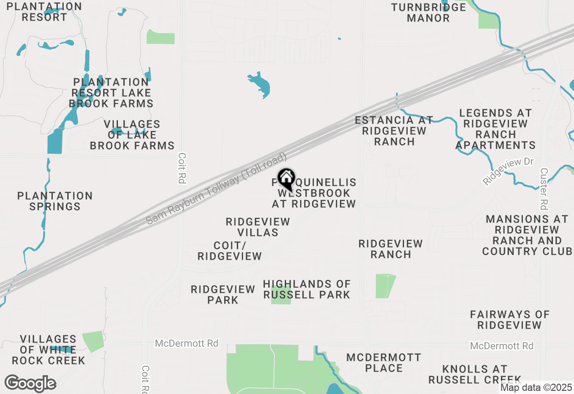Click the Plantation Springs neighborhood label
[55, 201]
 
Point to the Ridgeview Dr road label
[509, 171]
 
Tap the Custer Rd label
[544, 189]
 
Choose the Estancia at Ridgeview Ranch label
[394, 131]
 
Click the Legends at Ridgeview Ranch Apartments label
[496, 129]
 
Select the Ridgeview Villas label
[258, 227]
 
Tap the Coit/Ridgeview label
[230, 251]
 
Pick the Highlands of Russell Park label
[307, 289]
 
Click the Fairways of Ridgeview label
[509, 320]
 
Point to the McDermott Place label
[384, 363]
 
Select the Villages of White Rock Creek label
[48, 350]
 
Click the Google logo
[30, 383]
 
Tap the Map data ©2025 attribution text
[536, 388]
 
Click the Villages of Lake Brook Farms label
[132, 135]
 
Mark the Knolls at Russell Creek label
[474, 374]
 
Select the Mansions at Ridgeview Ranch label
[527, 235]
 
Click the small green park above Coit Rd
[161, 37]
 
